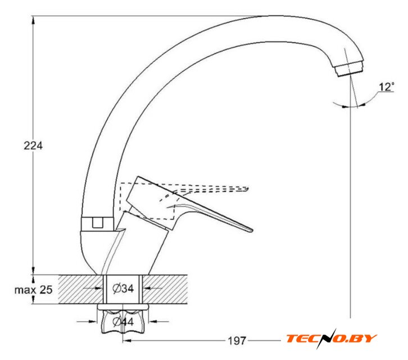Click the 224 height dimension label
point(33,146)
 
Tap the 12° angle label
point(387,87)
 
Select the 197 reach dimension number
point(237,341)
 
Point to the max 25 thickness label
point(34,290)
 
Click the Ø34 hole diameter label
point(123,289)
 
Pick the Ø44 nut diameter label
point(123,322)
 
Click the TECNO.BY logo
point(331,339)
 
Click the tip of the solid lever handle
point(252,230)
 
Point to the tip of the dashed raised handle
point(248,188)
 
